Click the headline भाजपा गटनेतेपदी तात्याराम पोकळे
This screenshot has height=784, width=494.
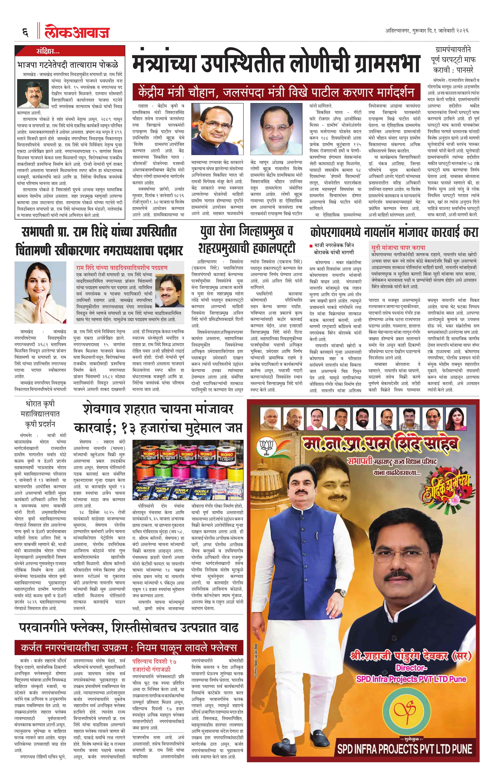click(68, 65)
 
